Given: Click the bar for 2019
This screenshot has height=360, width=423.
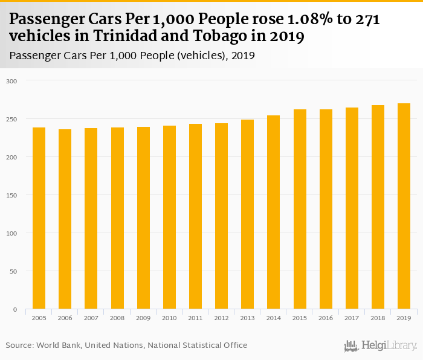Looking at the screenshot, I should [x=404, y=206].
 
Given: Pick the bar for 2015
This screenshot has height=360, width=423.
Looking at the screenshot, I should [x=300, y=209].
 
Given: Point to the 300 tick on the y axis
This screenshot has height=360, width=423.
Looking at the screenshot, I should [x=12, y=81].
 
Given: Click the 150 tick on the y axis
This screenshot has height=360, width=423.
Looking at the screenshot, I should [x=12, y=195].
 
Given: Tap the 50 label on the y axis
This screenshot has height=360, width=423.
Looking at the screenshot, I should [x=14, y=271].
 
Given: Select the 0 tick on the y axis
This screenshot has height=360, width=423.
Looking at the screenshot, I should [x=16, y=309].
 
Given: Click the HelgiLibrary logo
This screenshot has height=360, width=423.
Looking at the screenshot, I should [x=381, y=346].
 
